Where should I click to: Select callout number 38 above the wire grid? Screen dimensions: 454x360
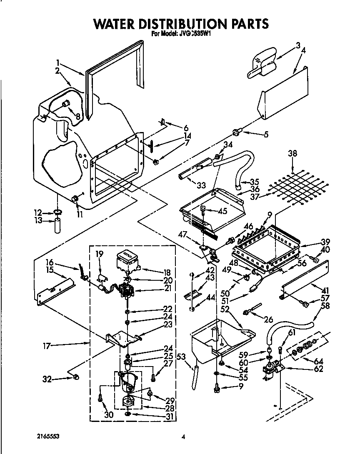pos(292,153)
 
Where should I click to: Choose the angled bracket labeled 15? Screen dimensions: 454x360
pos(55,291)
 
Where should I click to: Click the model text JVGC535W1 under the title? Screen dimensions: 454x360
pos(196,35)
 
